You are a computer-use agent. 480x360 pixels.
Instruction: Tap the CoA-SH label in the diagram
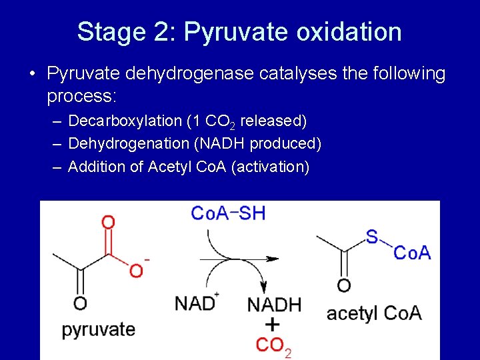coord(228,213)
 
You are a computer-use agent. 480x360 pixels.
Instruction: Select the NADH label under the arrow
coord(274,305)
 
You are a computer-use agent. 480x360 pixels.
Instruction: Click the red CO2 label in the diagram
coord(273,345)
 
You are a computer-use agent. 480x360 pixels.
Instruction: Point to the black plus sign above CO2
coord(273,325)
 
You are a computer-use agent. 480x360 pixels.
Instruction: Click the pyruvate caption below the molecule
coord(99,329)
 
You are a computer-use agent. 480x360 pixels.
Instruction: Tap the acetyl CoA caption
coord(374,313)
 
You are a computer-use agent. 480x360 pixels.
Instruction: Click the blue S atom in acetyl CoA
coord(371,235)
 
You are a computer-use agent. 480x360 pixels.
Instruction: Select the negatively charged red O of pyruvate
coord(137,270)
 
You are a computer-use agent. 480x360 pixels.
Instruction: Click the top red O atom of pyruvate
coord(108,222)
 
